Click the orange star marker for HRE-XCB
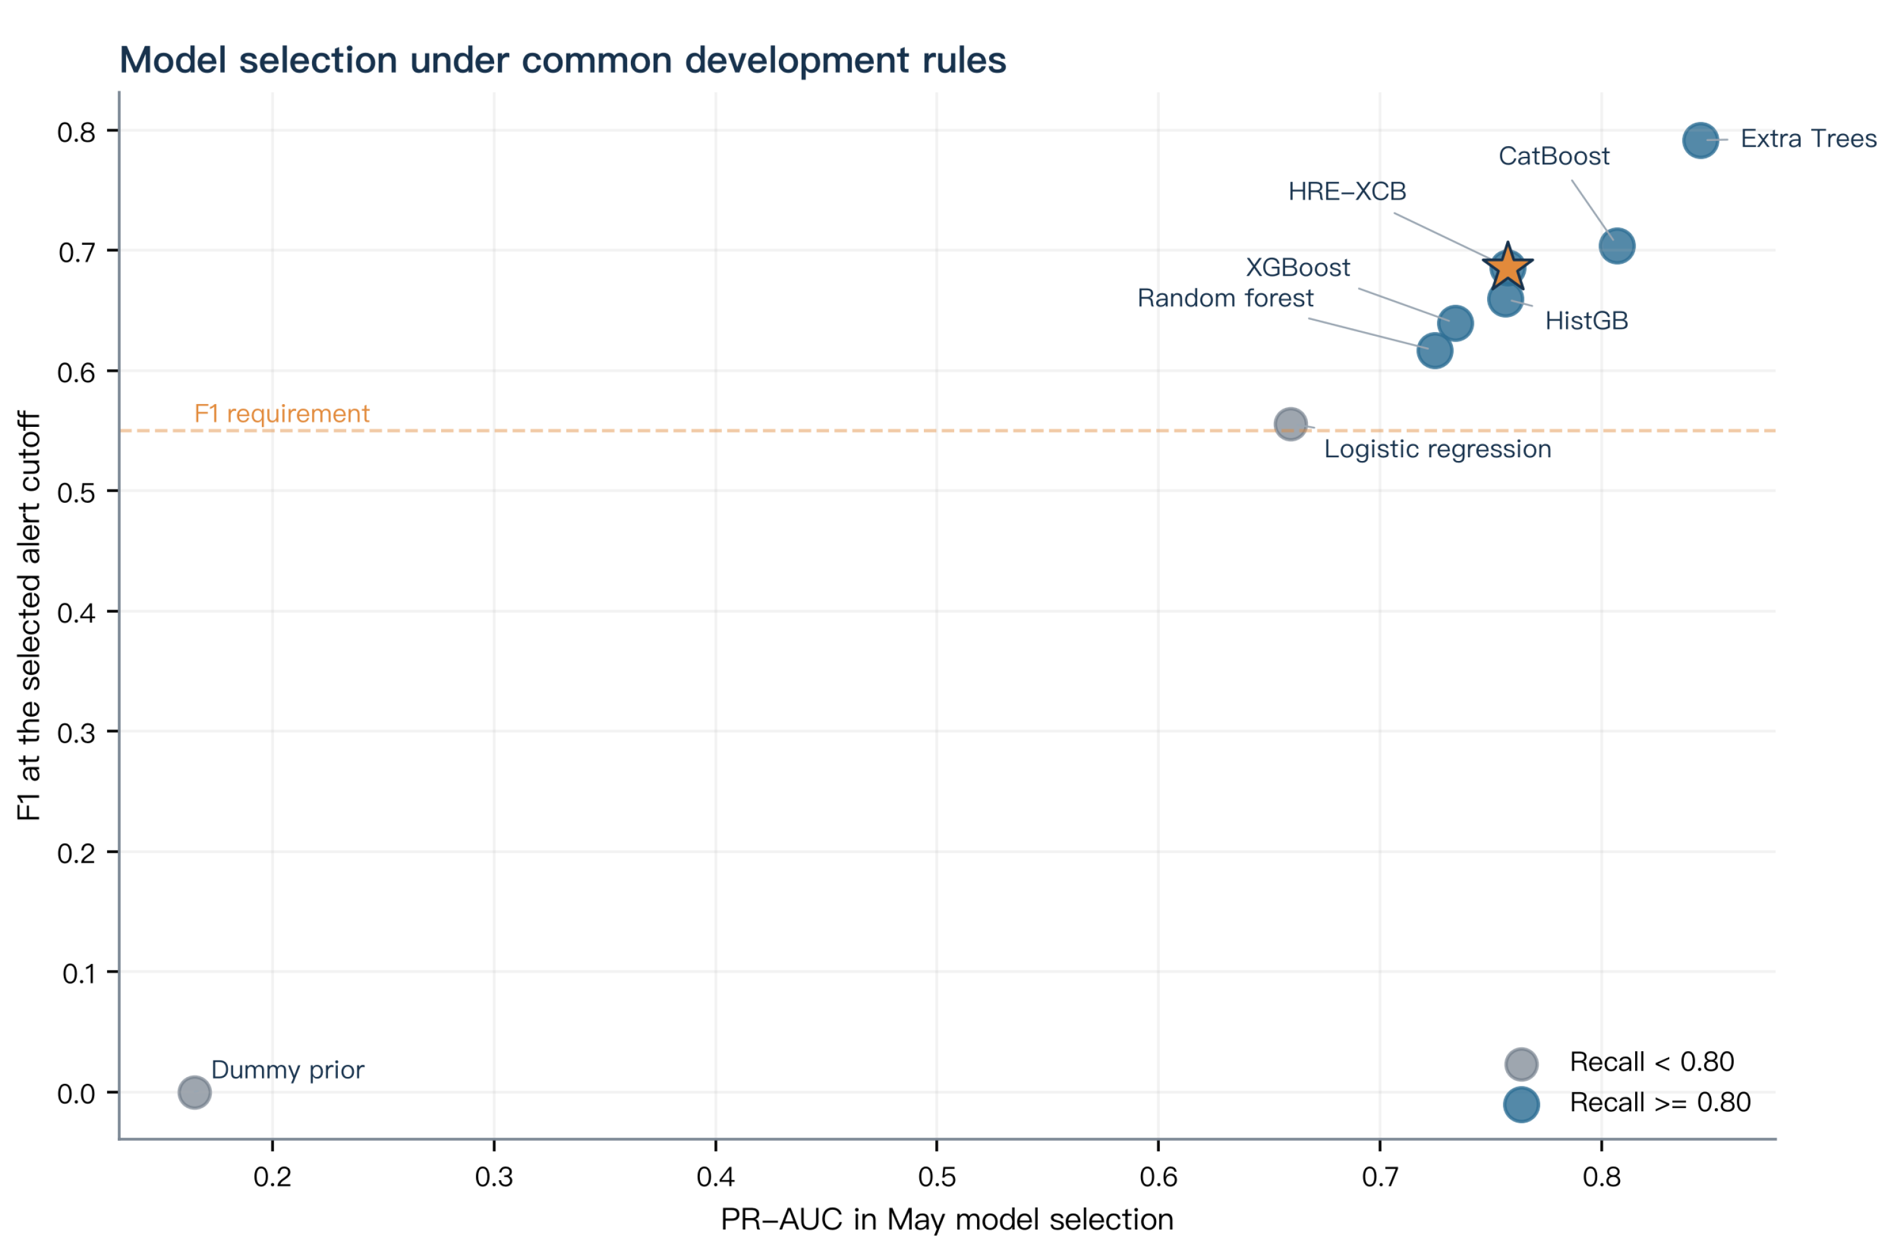coord(1507,267)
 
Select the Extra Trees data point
coord(1700,140)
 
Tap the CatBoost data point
coord(1617,246)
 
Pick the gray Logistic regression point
coord(1290,424)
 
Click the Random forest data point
coord(1435,350)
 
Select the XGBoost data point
coord(1455,323)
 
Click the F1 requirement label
coord(282,414)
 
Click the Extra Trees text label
coord(1809,139)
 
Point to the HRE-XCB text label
coord(1347,192)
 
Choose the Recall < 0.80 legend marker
coord(1521,1064)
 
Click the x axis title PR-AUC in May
coord(947,1220)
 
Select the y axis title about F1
coord(29,616)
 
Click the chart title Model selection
coord(563,60)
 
